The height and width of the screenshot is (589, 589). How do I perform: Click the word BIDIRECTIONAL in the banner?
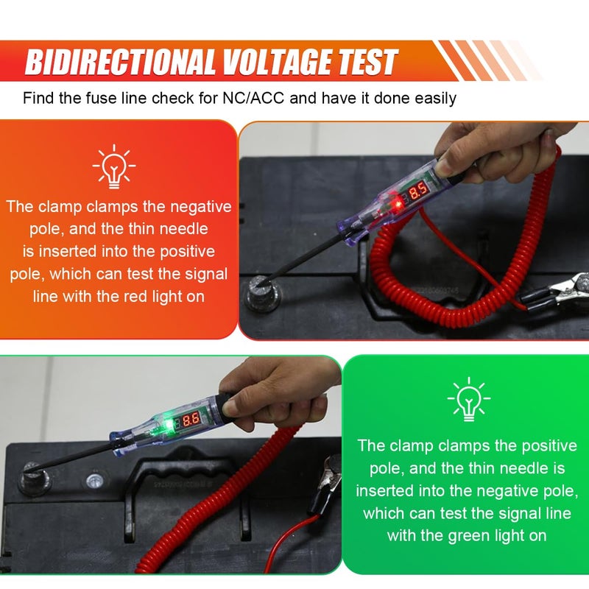[120, 62]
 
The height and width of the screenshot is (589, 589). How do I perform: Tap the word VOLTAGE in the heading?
[277, 62]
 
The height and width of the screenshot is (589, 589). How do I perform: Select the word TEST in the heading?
[367, 62]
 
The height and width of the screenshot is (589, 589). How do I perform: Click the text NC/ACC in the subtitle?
[253, 98]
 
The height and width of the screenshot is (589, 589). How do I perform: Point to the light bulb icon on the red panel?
[114, 166]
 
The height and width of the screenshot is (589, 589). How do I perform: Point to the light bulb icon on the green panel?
[468, 399]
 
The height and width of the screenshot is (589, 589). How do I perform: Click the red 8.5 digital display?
[418, 191]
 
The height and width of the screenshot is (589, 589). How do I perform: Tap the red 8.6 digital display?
[191, 420]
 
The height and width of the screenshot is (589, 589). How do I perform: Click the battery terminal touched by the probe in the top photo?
[261, 292]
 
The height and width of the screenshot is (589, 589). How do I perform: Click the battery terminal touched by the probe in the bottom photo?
[34, 478]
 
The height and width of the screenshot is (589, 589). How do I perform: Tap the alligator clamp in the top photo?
[556, 291]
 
